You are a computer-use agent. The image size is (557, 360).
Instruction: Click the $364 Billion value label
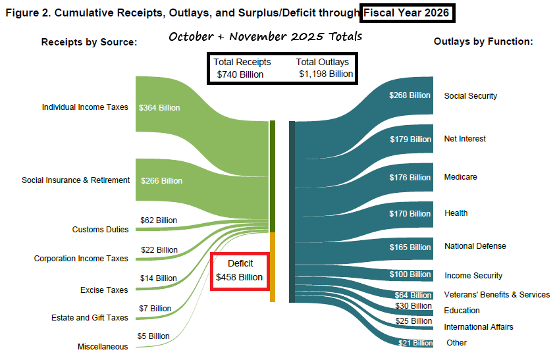click(159, 108)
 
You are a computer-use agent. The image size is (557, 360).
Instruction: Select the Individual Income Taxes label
click(85, 107)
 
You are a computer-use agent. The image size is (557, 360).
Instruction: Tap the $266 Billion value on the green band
click(161, 180)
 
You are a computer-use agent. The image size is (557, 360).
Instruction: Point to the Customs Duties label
click(100, 230)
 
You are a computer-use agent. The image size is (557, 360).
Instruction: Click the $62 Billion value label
click(159, 220)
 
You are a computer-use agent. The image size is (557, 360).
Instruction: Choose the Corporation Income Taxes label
click(81, 259)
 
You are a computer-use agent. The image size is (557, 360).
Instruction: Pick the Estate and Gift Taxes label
click(90, 318)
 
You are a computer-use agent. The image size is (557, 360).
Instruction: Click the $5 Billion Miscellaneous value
click(153, 336)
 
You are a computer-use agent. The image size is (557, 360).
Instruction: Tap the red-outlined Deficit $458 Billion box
click(240, 270)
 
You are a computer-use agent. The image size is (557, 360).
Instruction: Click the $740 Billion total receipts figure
click(240, 74)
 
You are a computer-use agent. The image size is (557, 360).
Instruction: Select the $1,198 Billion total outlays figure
click(325, 74)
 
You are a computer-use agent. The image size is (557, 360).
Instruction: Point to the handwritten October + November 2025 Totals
click(265, 36)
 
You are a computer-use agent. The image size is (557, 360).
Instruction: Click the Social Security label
click(470, 96)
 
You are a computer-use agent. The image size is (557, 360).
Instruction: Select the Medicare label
click(460, 177)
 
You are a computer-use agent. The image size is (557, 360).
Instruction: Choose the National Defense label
click(475, 246)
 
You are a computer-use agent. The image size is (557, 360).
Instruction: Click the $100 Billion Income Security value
click(411, 274)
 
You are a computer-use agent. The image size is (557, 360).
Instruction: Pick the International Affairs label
click(478, 327)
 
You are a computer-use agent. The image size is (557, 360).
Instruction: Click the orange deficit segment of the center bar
click(273, 267)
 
